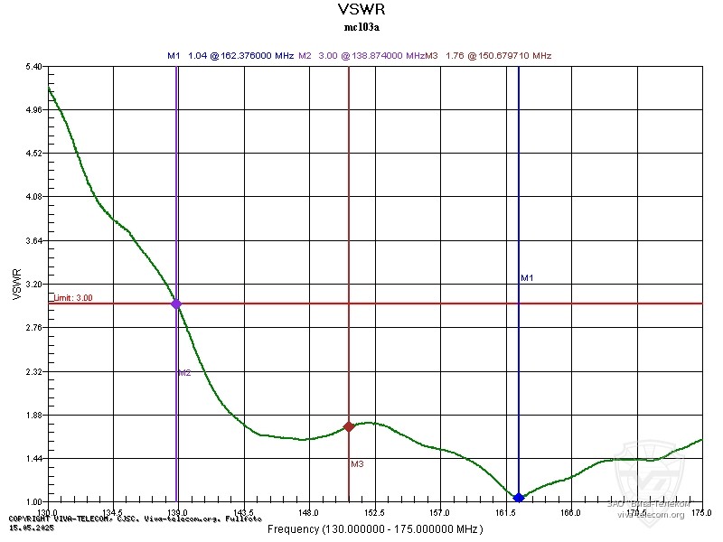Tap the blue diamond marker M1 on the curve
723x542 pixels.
519,498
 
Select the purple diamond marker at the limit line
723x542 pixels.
176,304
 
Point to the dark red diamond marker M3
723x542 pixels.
349,426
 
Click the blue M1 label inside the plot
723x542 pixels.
528,278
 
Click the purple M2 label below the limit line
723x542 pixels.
183,372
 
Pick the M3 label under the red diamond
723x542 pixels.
357,464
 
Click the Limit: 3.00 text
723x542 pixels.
72,297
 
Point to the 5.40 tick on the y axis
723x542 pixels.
33,67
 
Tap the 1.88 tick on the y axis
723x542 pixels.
33,416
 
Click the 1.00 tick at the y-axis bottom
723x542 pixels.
33,502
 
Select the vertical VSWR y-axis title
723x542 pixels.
16,284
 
